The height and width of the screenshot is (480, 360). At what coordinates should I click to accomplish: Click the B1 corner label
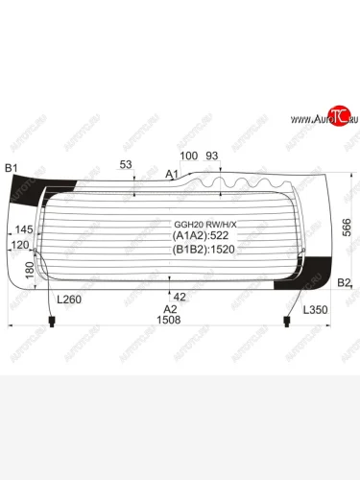pos(12,169)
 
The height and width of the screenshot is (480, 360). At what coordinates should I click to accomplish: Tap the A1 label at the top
pos(173,174)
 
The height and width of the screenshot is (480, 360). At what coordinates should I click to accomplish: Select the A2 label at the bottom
pos(170,309)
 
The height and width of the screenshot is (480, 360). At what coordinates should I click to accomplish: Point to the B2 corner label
pos(346,281)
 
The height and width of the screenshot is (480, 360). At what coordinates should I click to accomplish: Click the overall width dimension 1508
pos(169,321)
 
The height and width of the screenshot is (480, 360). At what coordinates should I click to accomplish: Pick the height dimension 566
pos(347,226)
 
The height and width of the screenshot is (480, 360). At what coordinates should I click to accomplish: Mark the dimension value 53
pos(125,165)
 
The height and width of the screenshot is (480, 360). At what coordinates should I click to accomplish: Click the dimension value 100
pos(188,155)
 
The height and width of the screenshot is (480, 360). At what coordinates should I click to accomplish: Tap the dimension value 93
pos(212,155)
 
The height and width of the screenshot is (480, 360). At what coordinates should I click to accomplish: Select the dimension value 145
pos(24,230)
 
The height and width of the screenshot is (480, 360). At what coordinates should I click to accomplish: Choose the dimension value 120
pos(19,246)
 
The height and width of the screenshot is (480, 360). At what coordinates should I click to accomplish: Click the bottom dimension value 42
pos(179,296)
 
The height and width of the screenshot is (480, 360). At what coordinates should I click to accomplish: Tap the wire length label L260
pos(69,300)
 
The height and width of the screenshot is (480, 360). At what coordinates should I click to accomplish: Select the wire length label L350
pos(316,310)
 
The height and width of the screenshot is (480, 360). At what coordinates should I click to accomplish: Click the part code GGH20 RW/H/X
pos(204,224)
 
